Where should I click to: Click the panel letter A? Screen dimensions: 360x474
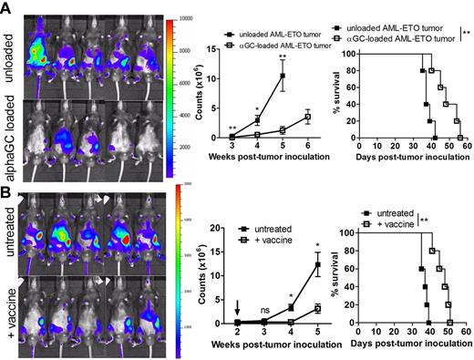(7, 7)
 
